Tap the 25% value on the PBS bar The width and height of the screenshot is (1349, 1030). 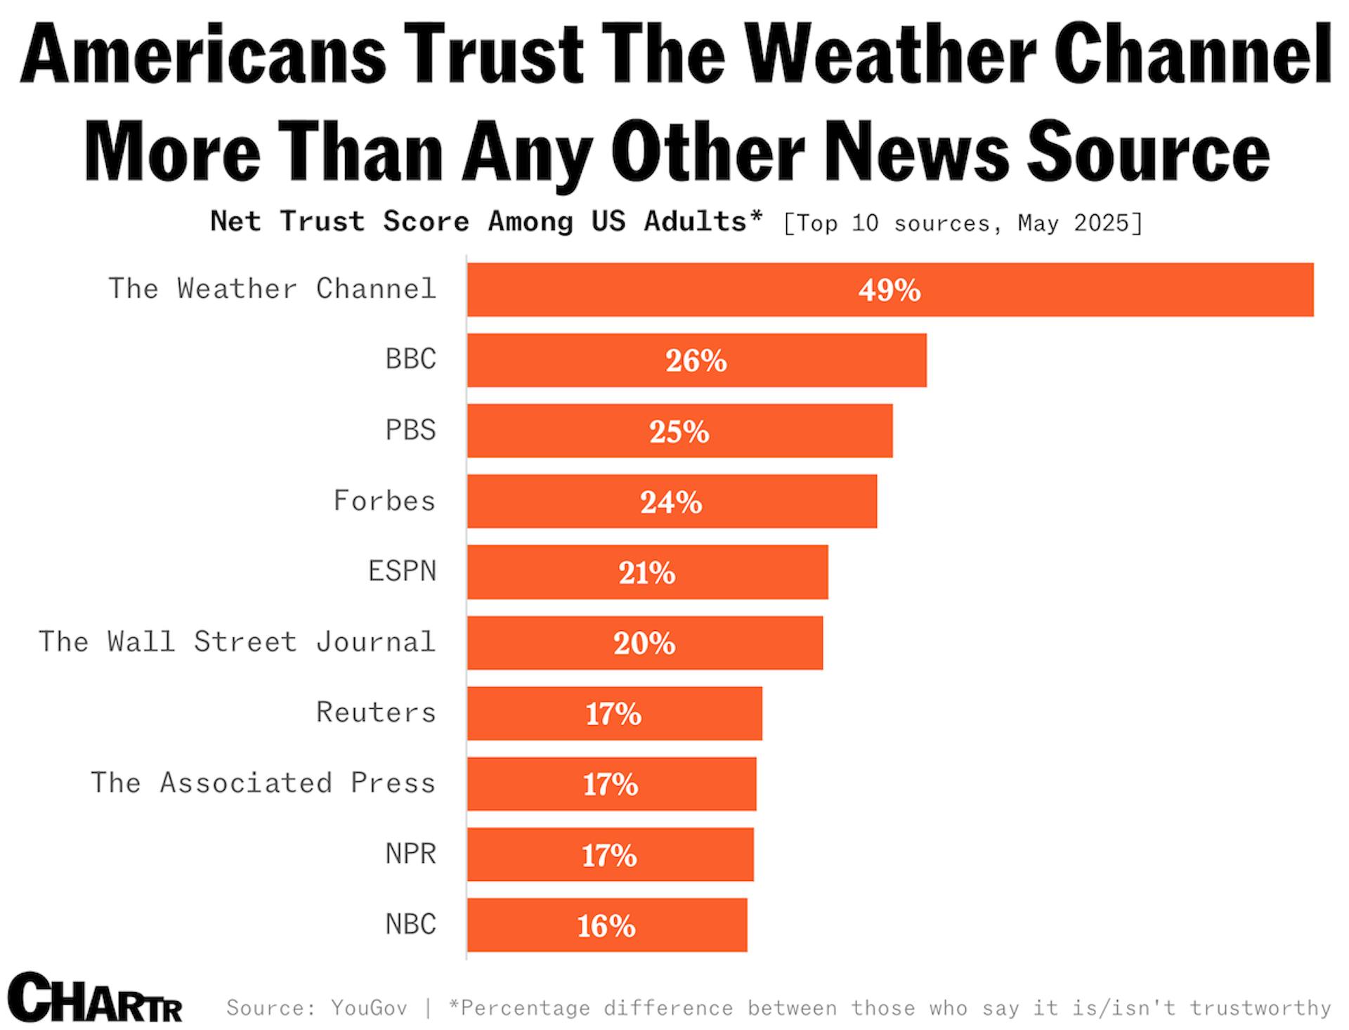[679, 431]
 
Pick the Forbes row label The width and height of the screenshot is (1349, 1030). [384, 500]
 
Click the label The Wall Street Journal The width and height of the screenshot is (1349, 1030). [237, 641]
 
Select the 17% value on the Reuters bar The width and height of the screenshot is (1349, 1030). [613, 714]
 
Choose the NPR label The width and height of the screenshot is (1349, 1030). [410, 854]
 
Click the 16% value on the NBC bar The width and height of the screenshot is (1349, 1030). [606, 925]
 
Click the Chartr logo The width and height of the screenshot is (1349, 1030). [95, 998]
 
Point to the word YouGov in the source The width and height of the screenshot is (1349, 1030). [369, 1008]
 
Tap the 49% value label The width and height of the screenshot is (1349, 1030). [889, 289]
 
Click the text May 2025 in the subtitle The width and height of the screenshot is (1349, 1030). [1078, 223]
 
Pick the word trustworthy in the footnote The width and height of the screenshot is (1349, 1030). [1260, 1008]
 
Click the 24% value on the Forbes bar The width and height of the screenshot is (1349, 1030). [671, 502]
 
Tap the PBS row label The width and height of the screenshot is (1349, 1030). [410, 429]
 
